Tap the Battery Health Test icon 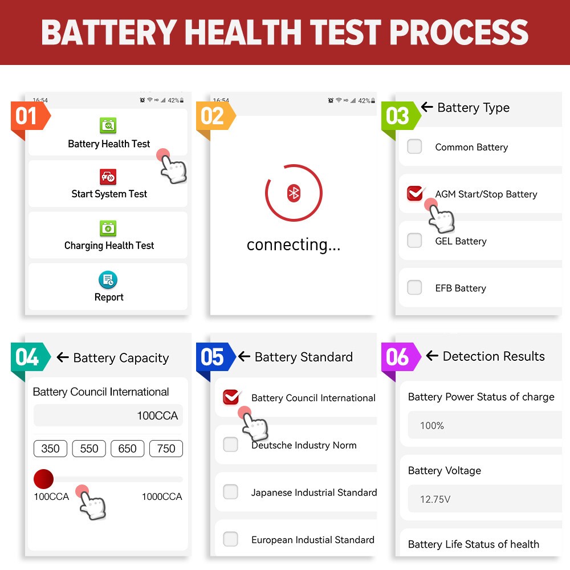click(x=108, y=125)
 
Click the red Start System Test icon click(x=108, y=177)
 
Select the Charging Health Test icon click(x=108, y=229)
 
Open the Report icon click(x=108, y=280)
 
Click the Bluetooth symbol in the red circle click(x=294, y=193)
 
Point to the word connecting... click(x=294, y=245)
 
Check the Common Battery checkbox click(x=414, y=146)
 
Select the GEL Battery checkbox click(x=414, y=241)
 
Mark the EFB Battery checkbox click(x=414, y=287)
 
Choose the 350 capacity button click(x=51, y=449)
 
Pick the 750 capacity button click(x=166, y=449)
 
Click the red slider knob click(x=43, y=479)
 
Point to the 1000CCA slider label click(x=162, y=497)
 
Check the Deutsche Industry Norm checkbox click(x=230, y=445)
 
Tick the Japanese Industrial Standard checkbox click(x=230, y=492)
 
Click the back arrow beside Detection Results click(x=432, y=356)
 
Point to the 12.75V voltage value click(x=435, y=499)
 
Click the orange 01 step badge click(x=27, y=117)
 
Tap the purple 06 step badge click(x=398, y=357)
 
